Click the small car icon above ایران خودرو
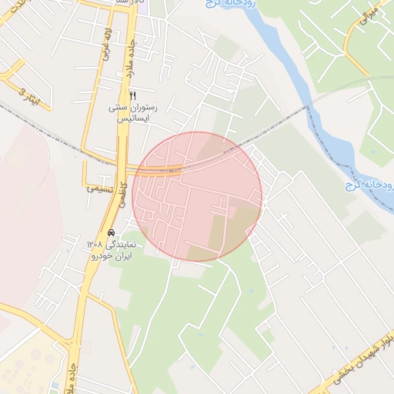pos(111,232)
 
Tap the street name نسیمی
pos(101,188)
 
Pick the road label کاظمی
pos(120,208)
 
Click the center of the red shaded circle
pos(197,196)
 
